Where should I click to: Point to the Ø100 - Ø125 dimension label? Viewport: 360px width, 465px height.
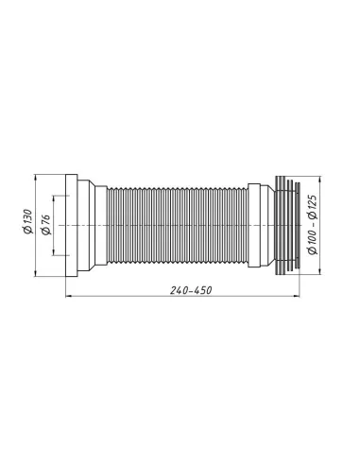point(312,227)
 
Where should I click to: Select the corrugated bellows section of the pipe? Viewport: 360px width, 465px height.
point(175,227)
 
